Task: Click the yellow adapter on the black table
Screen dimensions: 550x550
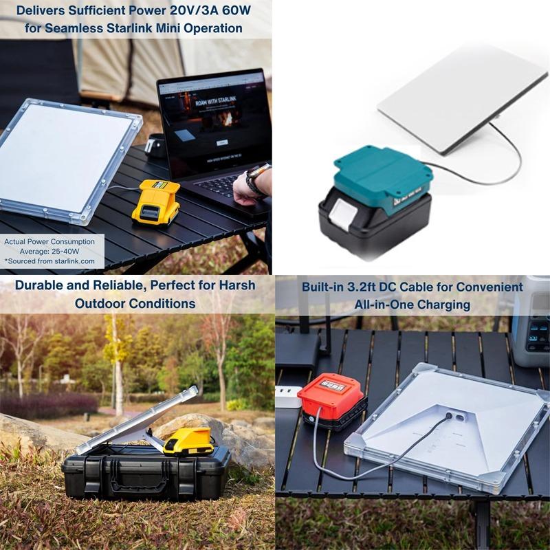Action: [155, 201]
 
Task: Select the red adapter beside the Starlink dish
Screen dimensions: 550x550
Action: [331, 397]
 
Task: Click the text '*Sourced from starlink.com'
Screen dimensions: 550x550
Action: [49, 262]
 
